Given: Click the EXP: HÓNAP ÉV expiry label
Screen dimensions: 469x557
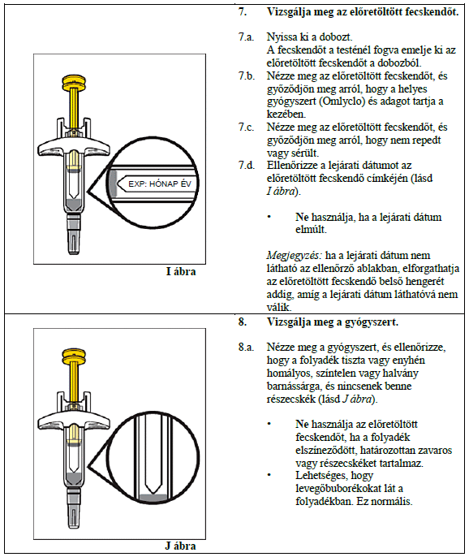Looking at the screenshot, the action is (160, 184).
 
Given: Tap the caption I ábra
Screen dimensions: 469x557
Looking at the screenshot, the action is (181, 272).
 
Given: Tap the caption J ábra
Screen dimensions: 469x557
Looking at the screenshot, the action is (180, 546).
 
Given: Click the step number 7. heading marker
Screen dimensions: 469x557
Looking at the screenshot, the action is (242, 11).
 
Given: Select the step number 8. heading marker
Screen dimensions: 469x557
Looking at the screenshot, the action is (242, 322).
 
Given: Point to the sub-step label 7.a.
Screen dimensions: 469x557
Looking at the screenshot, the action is (246, 37).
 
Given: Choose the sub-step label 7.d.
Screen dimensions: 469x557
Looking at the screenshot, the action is (247, 165).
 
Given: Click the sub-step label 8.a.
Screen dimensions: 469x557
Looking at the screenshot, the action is (246, 347).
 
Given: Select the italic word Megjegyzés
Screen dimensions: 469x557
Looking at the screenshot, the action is (295, 256).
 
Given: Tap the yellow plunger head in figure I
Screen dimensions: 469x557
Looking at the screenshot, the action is (74, 83).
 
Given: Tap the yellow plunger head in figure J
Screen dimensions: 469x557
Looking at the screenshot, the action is (74, 356).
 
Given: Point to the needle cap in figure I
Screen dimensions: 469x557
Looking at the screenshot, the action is (74, 235).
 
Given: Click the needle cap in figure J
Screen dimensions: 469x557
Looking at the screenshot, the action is (74, 508).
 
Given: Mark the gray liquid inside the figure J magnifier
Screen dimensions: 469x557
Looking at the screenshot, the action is (153, 498).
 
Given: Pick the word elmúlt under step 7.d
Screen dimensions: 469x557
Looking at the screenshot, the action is (311, 230).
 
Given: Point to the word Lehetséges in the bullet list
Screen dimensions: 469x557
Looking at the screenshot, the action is (334, 476).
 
